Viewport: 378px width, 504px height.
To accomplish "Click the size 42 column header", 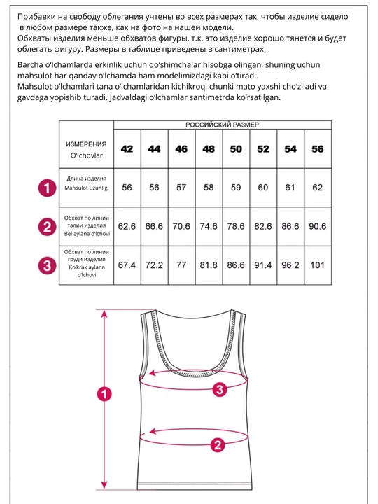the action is coord(127,149).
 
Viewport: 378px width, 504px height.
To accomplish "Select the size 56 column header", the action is coord(318,149).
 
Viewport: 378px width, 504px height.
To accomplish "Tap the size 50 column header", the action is coord(236,149).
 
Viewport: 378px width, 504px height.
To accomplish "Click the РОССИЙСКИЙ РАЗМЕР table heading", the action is coord(223,125).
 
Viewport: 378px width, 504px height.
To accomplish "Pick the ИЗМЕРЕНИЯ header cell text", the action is coord(86,144).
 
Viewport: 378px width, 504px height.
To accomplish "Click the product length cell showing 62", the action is coord(318,188).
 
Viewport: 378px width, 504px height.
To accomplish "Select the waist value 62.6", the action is coord(127,226).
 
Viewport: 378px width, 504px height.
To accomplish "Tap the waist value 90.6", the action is coord(318,226).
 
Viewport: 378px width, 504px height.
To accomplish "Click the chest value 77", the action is coord(181,265).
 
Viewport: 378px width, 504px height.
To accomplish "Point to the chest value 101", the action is coord(318,265).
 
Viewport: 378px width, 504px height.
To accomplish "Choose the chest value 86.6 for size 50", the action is coord(236,265).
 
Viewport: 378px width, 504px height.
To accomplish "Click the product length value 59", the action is coord(236,188).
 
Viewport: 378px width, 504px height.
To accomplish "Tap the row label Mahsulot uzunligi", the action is coord(87,188).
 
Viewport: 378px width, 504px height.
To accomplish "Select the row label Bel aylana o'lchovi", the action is coord(87,234).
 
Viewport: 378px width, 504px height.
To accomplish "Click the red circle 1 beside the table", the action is coord(48,188).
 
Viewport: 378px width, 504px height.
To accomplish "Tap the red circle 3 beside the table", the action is coord(48,266).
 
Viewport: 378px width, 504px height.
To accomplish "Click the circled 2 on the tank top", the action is coord(218,445).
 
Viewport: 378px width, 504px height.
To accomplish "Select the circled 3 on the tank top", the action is coord(220,390).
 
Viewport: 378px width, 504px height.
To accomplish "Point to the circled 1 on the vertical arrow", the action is coord(104,394).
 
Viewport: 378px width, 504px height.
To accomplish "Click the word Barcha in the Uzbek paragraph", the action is coord(30,65).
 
